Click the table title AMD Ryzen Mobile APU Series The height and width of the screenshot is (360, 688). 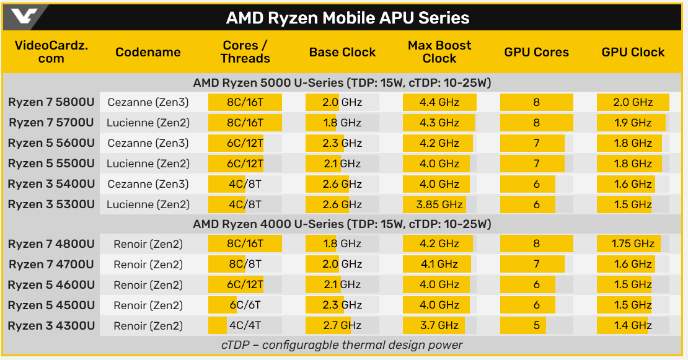[x=347, y=17]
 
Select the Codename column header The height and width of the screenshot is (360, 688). [x=148, y=52]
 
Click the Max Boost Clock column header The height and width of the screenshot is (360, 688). [x=439, y=52]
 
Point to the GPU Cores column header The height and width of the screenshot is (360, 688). [x=536, y=52]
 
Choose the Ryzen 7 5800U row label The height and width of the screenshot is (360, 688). [x=51, y=102]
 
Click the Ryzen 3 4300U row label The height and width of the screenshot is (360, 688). [x=51, y=326]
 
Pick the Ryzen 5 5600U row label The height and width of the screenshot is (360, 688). [x=51, y=143]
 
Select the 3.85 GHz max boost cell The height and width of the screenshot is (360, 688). [x=439, y=204]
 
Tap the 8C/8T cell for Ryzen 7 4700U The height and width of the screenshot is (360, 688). [x=245, y=265]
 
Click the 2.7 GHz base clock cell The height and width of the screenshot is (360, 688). [x=342, y=326]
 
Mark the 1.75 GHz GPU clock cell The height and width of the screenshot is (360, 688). [x=633, y=244]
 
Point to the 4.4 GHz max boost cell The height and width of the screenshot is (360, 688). [x=439, y=102]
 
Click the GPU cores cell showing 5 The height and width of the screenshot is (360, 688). [x=536, y=326]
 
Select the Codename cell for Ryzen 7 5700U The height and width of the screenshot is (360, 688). [x=148, y=123]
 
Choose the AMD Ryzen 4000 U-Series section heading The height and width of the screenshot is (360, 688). [x=342, y=224]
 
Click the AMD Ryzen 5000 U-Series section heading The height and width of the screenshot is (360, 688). [x=342, y=82]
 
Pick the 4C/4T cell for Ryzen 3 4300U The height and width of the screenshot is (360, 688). [x=245, y=326]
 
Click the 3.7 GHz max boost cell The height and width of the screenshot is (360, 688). [x=439, y=326]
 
